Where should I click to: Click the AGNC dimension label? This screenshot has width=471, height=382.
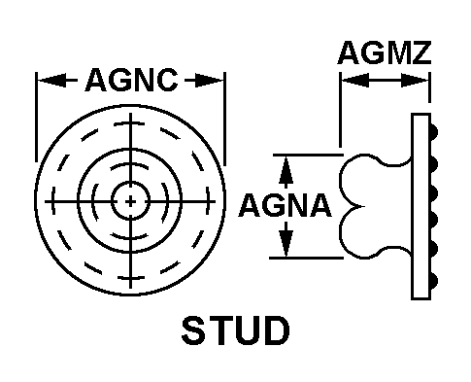(x=131, y=80)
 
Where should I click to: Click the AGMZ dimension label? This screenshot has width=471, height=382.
(x=385, y=52)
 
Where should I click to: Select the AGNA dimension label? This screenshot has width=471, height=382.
(x=285, y=205)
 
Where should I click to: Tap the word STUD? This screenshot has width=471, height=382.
(x=235, y=330)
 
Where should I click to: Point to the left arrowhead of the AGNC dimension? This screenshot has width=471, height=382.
(x=51, y=80)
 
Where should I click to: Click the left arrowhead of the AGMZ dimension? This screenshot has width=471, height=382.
(x=355, y=80)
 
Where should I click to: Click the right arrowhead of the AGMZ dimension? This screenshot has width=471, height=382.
(x=415, y=80)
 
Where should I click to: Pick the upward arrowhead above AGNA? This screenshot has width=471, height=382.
(x=286, y=171)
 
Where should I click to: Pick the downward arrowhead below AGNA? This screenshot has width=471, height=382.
(x=286, y=239)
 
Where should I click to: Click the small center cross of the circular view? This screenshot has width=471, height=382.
(x=130, y=201)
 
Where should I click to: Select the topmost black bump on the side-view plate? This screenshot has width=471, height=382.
(x=434, y=131)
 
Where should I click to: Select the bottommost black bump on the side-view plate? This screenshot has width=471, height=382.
(x=434, y=281)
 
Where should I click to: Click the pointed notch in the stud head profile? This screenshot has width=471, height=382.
(x=360, y=206)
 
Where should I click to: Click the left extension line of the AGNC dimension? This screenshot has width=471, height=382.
(x=36, y=117)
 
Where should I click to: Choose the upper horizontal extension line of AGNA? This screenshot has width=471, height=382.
(x=308, y=156)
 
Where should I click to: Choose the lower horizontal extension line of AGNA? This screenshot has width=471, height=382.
(x=306, y=258)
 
